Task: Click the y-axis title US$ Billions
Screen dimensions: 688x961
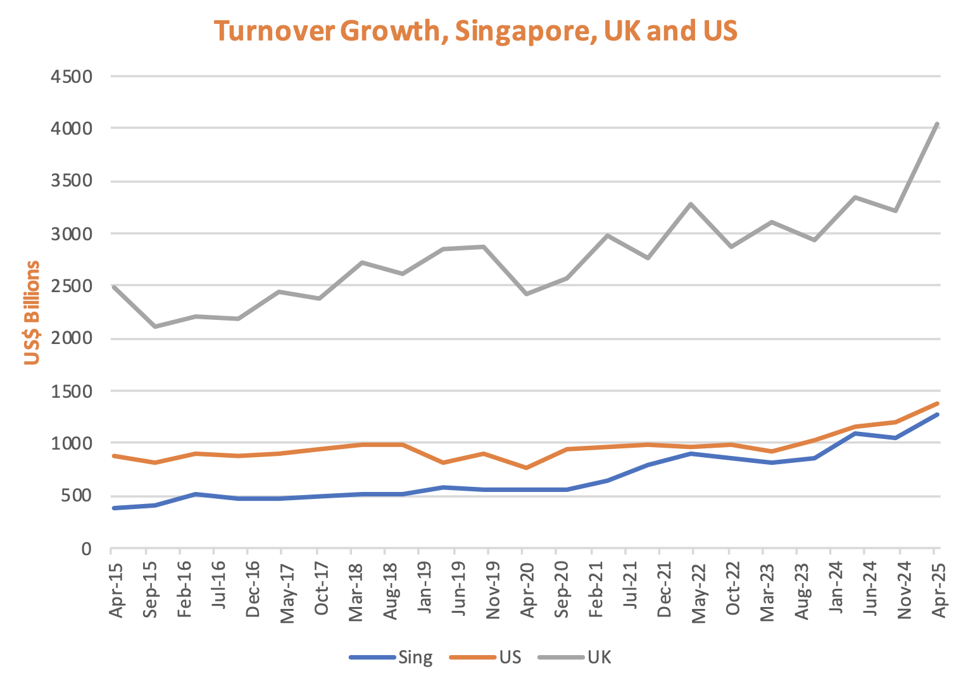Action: tap(32, 313)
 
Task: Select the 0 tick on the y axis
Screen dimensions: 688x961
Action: tap(86, 549)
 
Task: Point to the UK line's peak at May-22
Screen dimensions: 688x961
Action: tap(691, 204)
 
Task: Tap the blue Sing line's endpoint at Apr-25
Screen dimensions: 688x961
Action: tap(937, 415)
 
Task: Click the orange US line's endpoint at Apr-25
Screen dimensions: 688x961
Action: tap(937, 403)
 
